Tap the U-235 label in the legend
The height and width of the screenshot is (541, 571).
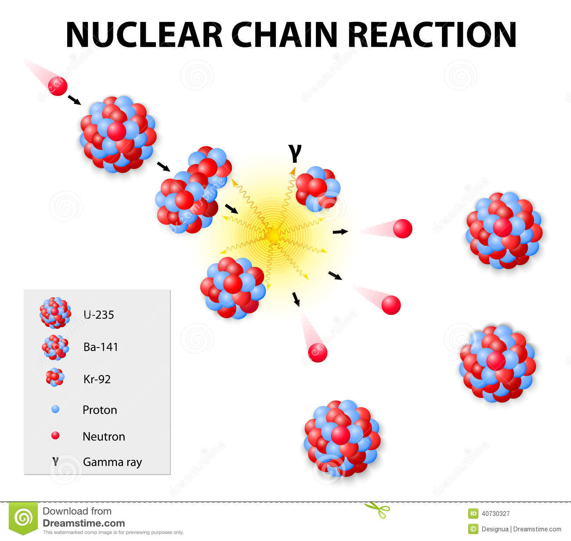98,315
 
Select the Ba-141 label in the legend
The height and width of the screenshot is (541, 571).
101,347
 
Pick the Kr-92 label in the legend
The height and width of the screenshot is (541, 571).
97,379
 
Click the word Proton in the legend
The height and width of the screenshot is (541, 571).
100,410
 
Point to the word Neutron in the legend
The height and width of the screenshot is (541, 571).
104,437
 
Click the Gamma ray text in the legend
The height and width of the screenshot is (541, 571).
112,462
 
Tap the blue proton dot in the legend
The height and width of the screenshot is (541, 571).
55,409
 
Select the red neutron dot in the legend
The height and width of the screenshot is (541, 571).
55,436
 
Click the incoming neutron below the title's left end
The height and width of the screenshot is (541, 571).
58,86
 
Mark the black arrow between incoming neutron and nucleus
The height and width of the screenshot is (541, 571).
74,100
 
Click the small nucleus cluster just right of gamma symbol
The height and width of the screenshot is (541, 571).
318,189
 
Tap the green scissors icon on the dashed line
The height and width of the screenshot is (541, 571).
377,510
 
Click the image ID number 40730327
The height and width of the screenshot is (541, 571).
495,514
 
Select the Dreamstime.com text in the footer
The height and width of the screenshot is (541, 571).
84,523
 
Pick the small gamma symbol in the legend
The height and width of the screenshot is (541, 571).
55,461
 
